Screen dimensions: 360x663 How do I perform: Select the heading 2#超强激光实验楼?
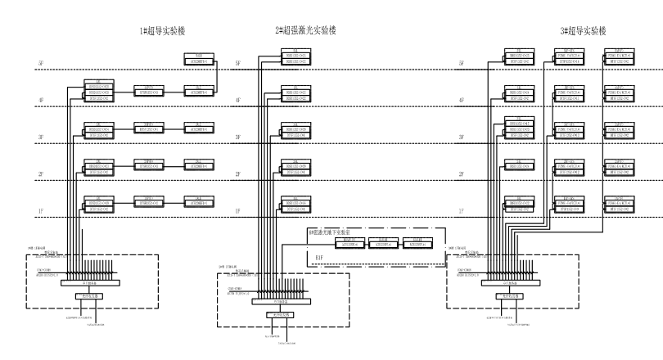[305, 30]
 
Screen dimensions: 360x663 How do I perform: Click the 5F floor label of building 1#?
[40, 63]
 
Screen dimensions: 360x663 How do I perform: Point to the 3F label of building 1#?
[40, 137]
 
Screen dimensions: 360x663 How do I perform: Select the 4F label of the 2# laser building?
[238, 101]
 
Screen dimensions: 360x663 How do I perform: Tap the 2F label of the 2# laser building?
[238, 175]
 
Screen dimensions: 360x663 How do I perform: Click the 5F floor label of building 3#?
[462, 63]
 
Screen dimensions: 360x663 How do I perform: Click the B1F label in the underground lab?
[322, 255]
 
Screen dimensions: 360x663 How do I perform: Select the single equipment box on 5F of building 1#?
[199, 58]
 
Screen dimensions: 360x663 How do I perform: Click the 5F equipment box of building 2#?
[296, 56]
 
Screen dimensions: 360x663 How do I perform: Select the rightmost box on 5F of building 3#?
[620, 56]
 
